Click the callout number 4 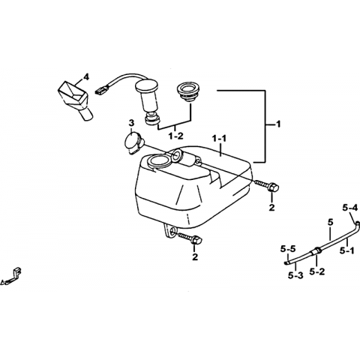85,77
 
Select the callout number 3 131,123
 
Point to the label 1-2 175,136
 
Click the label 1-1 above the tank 219,139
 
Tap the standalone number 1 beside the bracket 278,124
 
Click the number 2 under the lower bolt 195,256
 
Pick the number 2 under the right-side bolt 271,207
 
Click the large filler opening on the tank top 159,160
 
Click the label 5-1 347,250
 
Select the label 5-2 317,271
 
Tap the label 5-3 295,275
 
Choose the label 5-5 288,249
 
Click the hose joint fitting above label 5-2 316,250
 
